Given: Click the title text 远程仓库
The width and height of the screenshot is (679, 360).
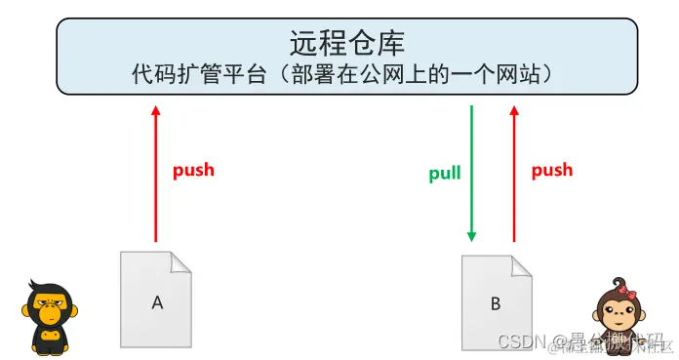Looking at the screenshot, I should tap(347, 41).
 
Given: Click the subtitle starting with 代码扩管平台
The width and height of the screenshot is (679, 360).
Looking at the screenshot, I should tap(347, 74).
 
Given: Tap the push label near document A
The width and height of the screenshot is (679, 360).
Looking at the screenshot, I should tap(193, 170).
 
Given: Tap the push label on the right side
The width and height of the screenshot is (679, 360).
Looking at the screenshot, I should tap(551, 170).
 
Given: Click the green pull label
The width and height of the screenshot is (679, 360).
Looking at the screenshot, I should tap(445, 175).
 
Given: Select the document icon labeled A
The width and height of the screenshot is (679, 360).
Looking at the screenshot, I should tap(156, 300).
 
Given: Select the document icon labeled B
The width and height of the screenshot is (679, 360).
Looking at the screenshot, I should tap(496, 302).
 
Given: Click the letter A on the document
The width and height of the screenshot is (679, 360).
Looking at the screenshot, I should tap(156, 302).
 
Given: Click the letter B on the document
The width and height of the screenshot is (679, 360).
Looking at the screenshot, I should tap(496, 304).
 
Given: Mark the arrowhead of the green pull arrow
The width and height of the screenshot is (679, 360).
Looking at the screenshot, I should tap(472, 235).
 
